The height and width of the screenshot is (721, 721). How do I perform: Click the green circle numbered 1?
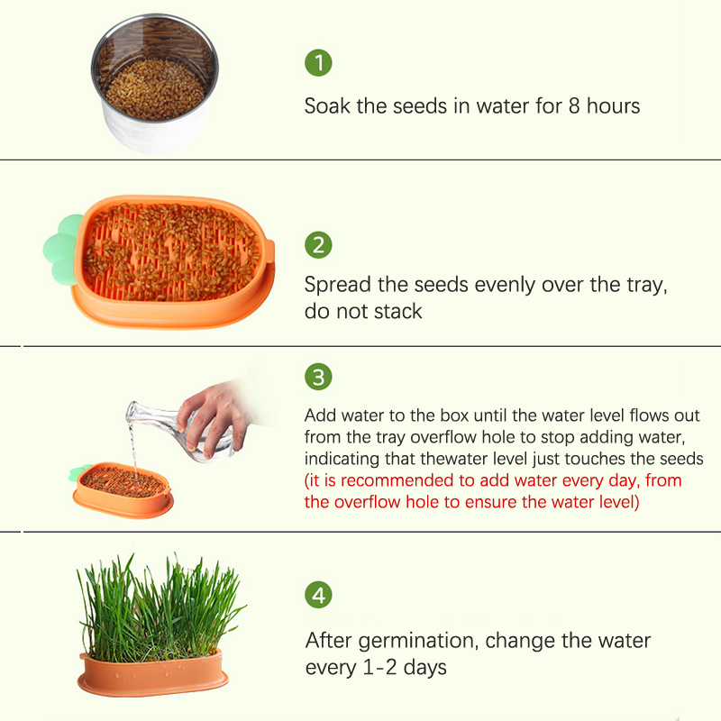click(x=318, y=62)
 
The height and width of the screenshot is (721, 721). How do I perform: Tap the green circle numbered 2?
click(x=318, y=244)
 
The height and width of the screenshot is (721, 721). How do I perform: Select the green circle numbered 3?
click(x=318, y=377)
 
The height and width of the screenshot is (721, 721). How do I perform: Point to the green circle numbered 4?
click(x=318, y=595)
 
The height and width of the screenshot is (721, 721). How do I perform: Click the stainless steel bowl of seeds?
click(x=155, y=84)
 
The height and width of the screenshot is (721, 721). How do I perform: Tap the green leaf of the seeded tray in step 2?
click(x=62, y=249)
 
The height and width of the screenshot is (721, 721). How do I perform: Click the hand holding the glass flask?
click(x=216, y=416)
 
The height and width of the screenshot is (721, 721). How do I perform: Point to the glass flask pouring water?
click(x=179, y=430)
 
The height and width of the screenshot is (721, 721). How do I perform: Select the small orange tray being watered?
click(x=123, y=490)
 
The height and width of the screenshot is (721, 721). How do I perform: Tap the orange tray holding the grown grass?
click(x=153, y=672)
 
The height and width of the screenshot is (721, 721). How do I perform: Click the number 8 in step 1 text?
click(x=574, y=105)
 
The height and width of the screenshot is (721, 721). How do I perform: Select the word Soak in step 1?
click(x=327, y=105)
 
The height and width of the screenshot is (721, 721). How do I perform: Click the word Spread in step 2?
click(x=337, y=286)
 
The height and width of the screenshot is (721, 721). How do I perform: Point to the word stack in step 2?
click(x=397, y=311)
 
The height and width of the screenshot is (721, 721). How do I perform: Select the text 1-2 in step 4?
click(x=379, y=668)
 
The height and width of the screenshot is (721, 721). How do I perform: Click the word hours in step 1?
click(x=614, y=105)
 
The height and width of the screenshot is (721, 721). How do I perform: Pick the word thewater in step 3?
click(x=474, y=459)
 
